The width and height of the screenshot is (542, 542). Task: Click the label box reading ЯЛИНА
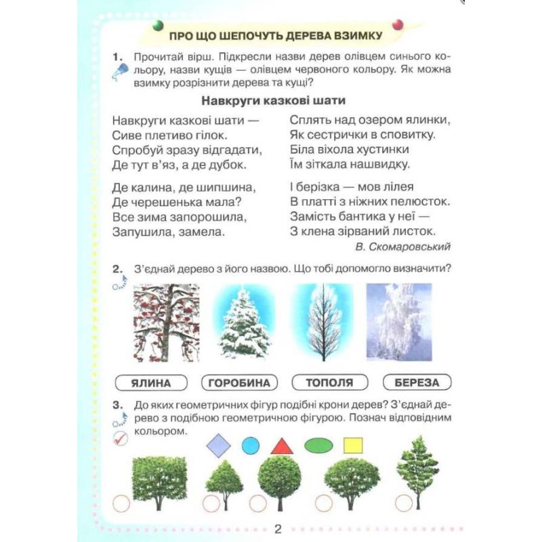click(151, 383)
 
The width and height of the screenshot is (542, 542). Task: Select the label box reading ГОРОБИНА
click(239, 383)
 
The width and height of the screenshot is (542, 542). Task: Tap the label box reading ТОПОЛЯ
click(330, 382)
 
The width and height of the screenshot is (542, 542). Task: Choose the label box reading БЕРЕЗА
click(417, 382)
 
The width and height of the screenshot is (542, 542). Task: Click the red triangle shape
click(282, 446)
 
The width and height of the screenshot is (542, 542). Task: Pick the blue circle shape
click(251, 446)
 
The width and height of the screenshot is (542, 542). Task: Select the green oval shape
click(318, 446)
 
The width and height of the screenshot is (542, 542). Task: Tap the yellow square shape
click(353, 446)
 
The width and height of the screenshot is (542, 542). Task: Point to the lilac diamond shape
click(218, 446)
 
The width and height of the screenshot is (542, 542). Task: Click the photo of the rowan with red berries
click(166, 323)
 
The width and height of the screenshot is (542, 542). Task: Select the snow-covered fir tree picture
click(245, 323)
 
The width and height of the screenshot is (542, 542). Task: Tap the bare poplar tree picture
click(324, 322)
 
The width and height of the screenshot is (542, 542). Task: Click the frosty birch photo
click(399, 322)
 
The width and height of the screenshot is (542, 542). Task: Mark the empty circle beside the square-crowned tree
click(121, 503)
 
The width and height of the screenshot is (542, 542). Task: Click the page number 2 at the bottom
click(278, 529)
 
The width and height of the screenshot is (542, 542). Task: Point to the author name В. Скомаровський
click(402, 247)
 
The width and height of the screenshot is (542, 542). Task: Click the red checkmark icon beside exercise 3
click(121, 438)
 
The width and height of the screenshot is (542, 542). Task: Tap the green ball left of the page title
click(158, 25)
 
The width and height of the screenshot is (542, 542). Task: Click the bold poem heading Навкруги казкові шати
click(274, 100)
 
